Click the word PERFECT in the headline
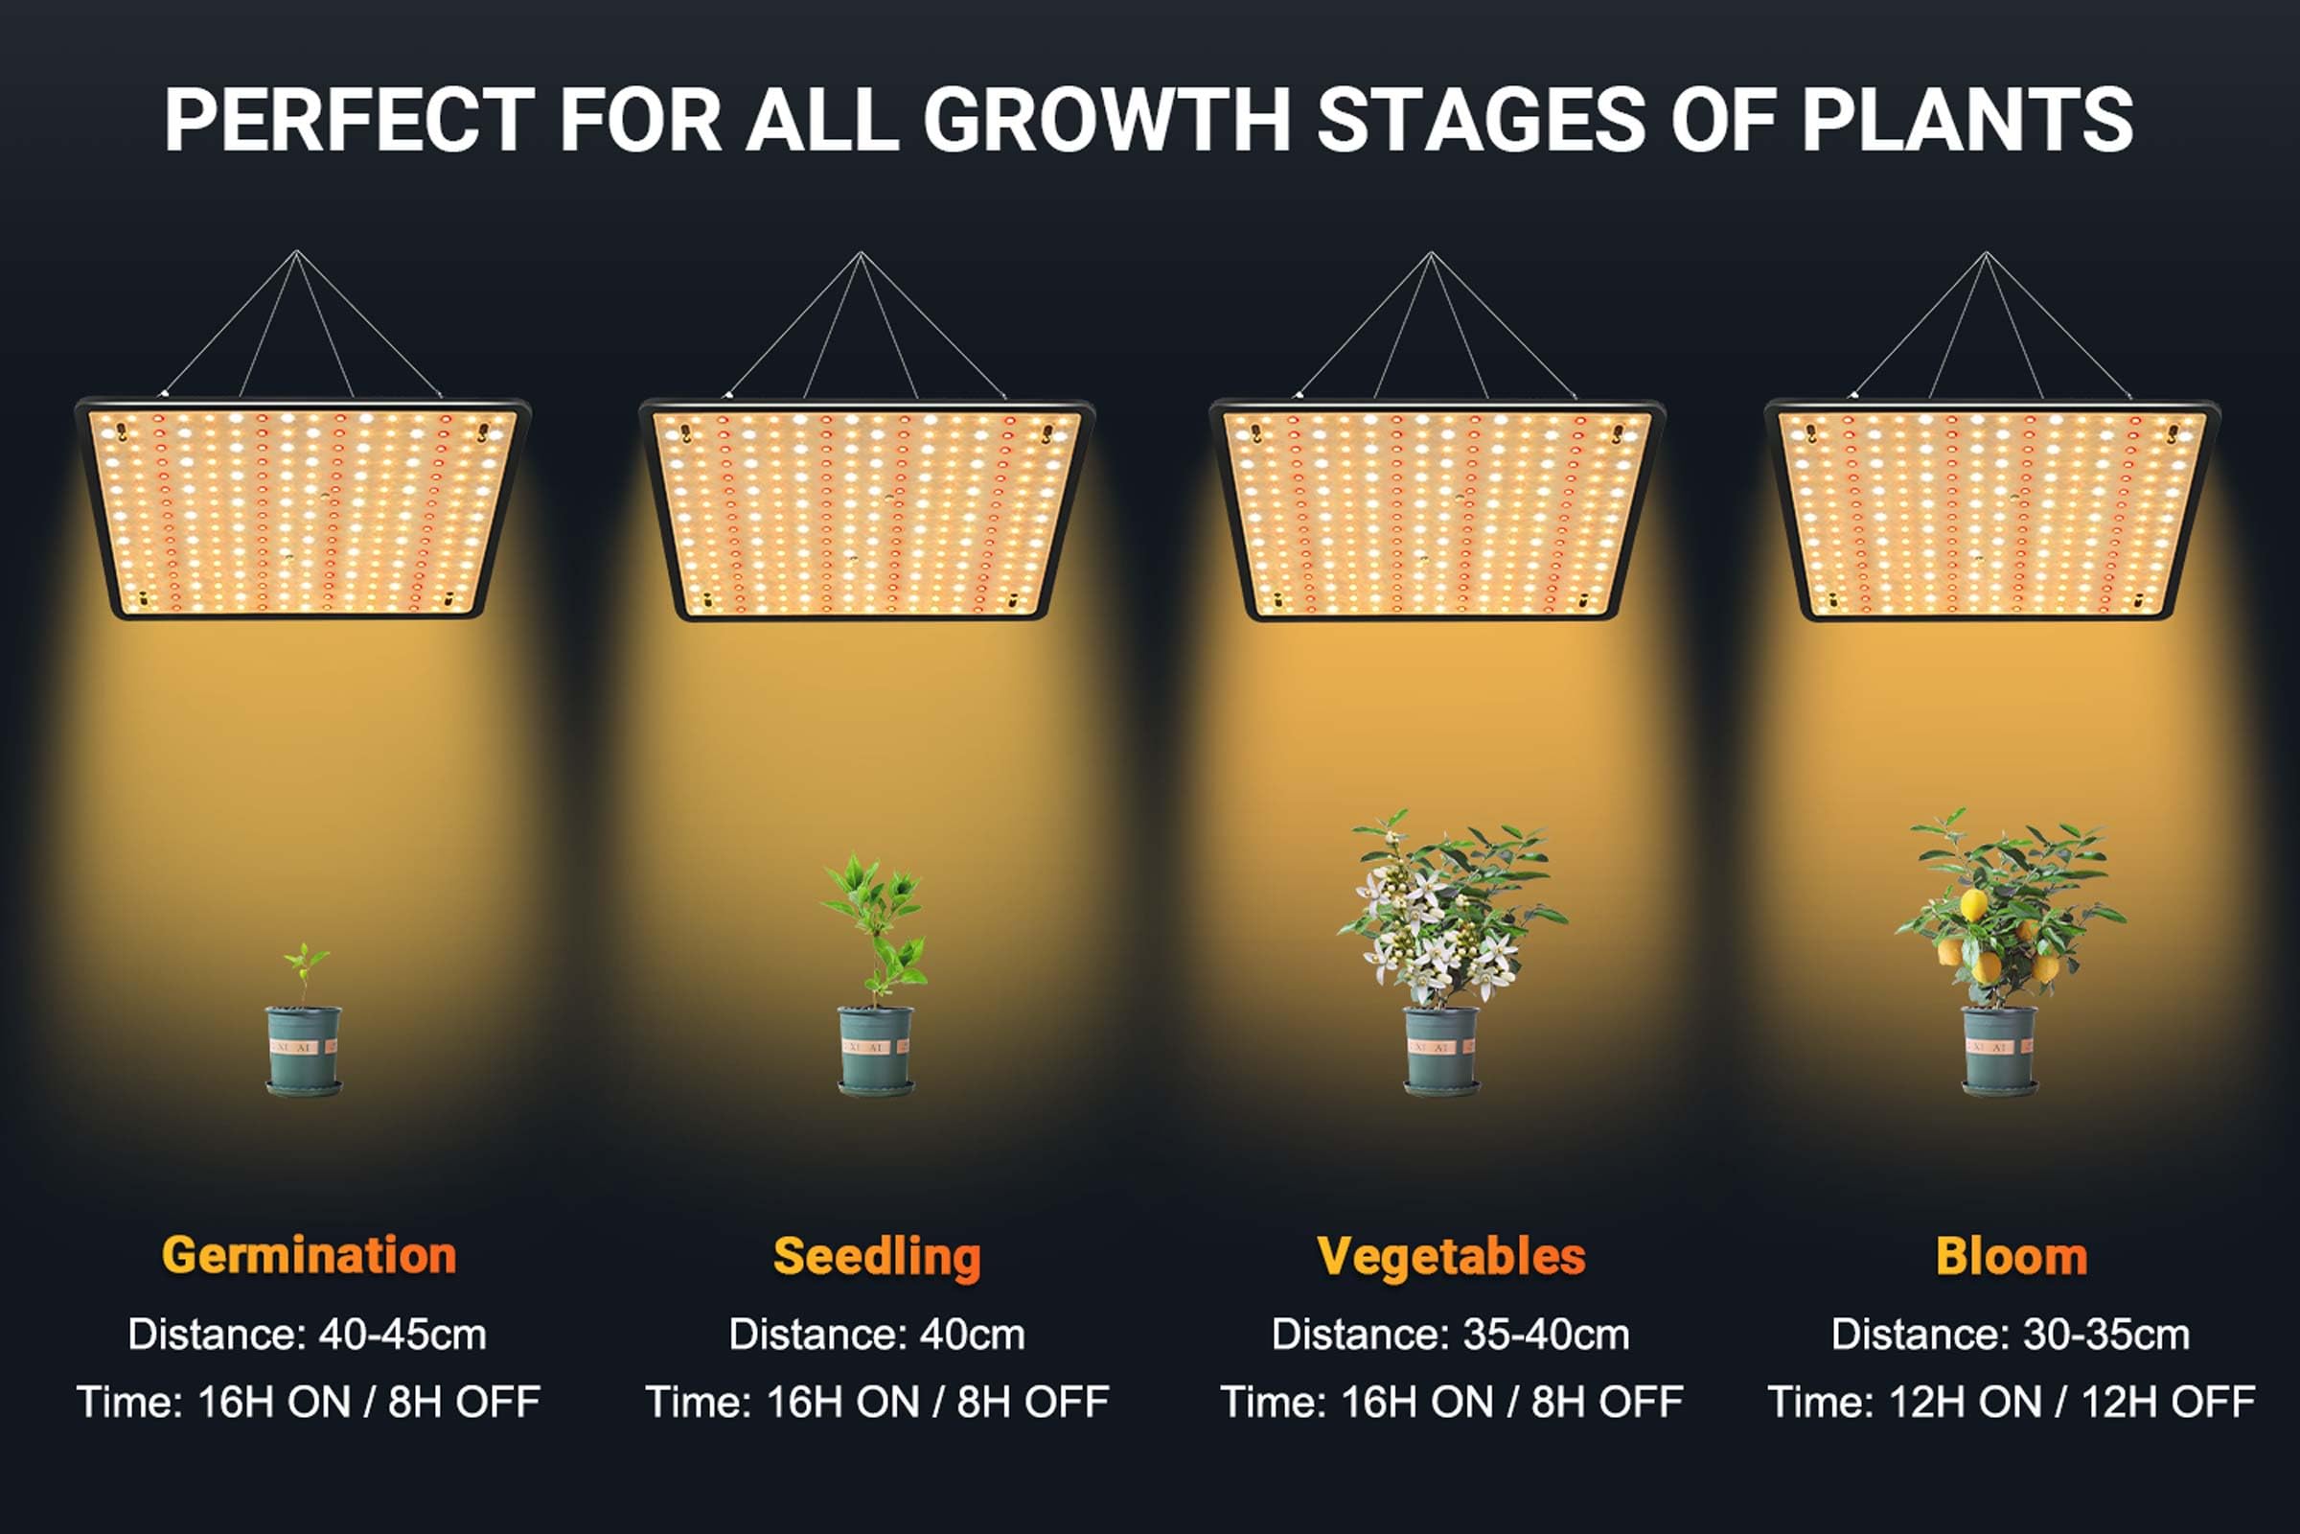point(349,121)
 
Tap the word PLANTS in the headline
point(1966,121)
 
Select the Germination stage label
point(309,1255)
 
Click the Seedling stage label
point(876,1257)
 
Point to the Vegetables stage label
point(1451,1257)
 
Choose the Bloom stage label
point(2012,1257)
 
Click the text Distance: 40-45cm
point(307,1335)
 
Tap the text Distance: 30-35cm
point(2011,1335)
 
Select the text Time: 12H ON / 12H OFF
point(2011,1402)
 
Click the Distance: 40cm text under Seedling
point(876,1335)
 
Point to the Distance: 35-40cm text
point(1450,1335)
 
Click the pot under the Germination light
point(304,1049)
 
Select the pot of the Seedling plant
point(876,1049)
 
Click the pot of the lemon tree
point(2000,1049)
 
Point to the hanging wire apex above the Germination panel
point(297,252)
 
